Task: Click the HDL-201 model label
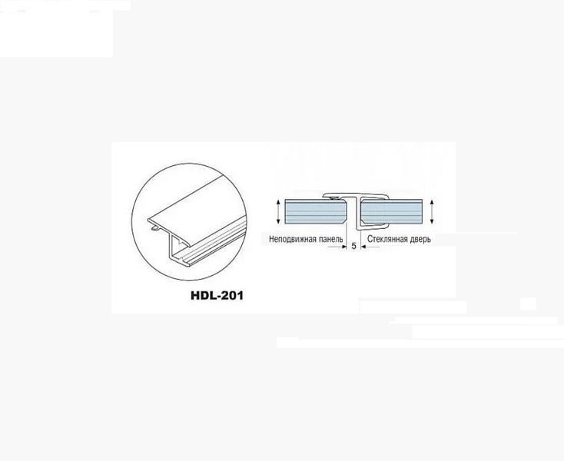coord(217,296)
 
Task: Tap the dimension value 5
coord(353,246)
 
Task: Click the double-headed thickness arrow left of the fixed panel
coord(278,212)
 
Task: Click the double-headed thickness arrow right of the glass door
coord(432,212)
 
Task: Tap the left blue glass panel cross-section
coord(315,212)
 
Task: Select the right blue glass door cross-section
coord(391,212)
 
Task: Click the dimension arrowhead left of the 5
coord(343,247)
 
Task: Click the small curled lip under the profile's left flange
coord(155,227)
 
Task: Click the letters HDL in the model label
coord(201,296)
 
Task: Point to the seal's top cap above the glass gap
coord(355,196)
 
